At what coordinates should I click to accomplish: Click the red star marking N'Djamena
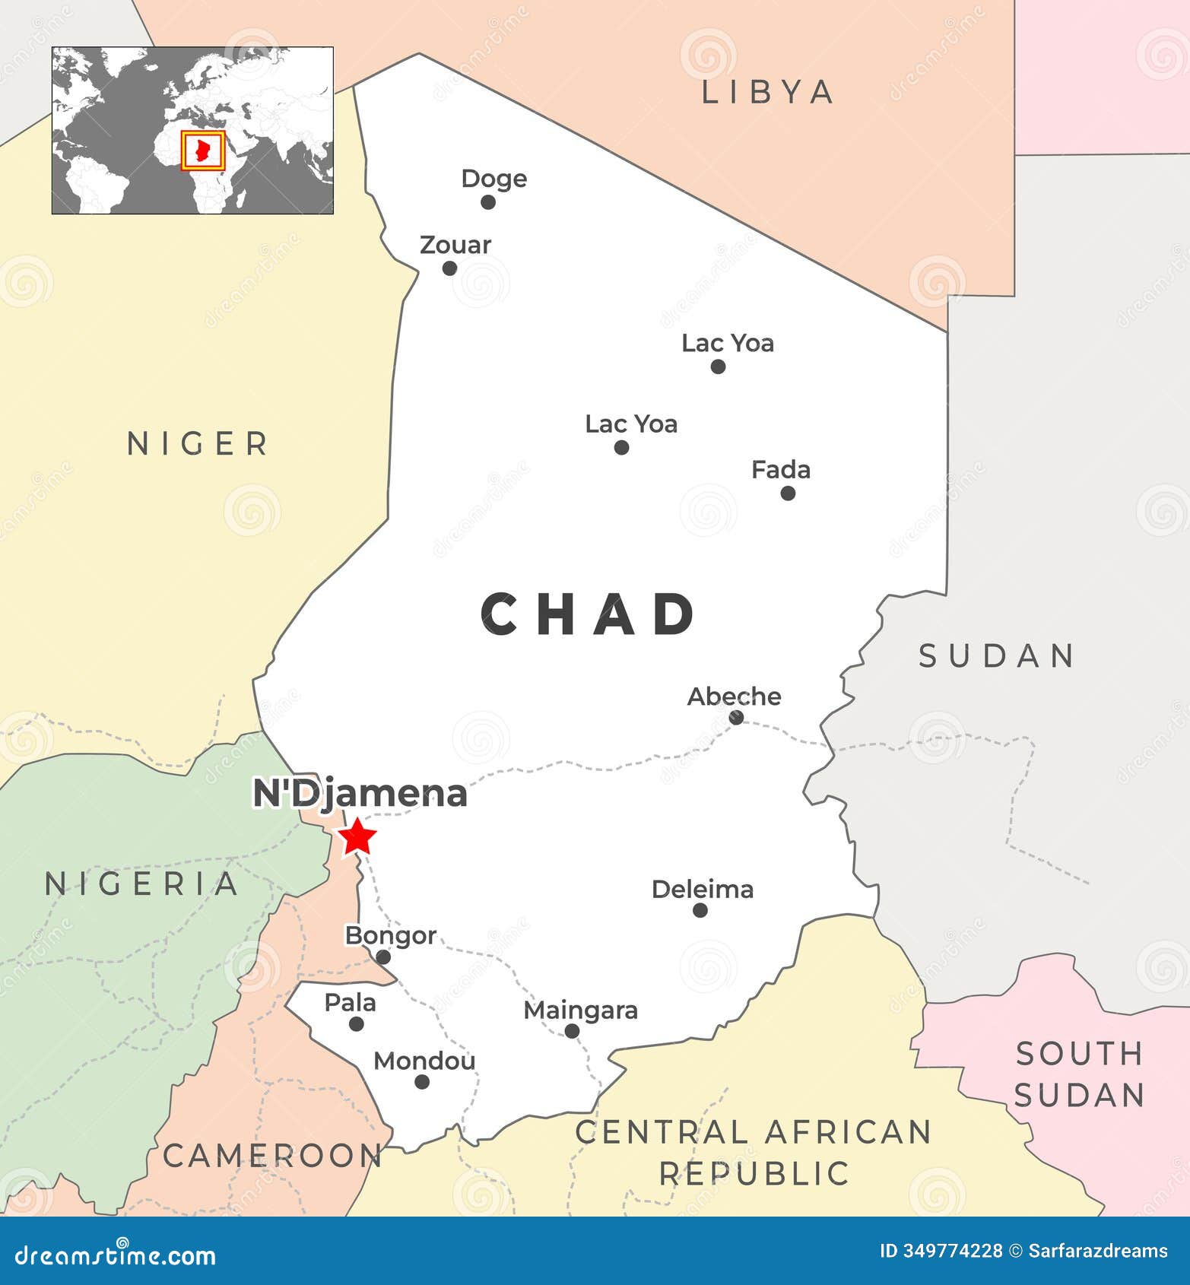click(357, 838)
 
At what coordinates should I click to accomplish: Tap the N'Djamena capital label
click(360, 794)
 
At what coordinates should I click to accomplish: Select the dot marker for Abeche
click(736, 717)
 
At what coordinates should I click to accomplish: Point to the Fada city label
click(781, 470)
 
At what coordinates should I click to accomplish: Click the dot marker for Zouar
click(449, 268)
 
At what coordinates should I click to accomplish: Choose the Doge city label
click(494, 179)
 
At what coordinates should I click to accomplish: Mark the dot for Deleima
click(700, 910)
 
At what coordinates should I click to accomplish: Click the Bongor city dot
click(383, 957)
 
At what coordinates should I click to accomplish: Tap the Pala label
click(351, 1003)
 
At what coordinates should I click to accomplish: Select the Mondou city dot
click(422, 1082)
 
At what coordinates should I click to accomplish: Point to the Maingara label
click(581, 1011)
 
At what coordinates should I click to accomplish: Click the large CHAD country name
click(589, 614)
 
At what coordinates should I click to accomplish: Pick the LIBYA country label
click(767, 92)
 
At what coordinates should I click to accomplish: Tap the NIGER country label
click(198, 443)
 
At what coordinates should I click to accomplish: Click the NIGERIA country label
click(142, 884)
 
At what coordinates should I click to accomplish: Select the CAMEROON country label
click(272, 1156)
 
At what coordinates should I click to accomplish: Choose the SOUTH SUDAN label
click(1080, 1074)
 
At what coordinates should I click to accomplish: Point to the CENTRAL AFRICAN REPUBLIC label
click(754, 1153)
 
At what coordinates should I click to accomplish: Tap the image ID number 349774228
click(951, 1251)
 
